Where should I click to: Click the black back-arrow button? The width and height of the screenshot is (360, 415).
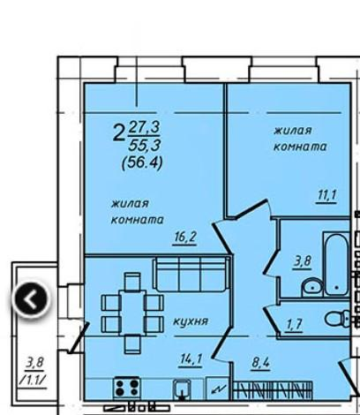pos(31,299)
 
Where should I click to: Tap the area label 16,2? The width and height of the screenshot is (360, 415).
pos(185,237)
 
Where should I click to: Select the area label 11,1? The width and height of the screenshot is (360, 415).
pos(326,195)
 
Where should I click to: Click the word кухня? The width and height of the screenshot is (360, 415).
pos(191,321)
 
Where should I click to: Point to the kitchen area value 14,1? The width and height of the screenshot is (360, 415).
pos(191,359)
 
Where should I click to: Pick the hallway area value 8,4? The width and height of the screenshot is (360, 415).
pos(260,363)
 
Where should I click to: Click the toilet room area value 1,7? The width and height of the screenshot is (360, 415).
pos(295,324)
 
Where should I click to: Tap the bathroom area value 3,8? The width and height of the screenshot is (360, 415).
pos(302,261)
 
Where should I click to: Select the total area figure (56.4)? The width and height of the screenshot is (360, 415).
pos(142,162)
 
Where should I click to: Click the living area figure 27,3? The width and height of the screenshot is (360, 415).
pos(145,128)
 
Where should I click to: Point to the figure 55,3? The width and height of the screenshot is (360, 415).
pos(145,146)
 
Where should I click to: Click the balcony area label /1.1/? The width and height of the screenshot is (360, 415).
pos(33,380)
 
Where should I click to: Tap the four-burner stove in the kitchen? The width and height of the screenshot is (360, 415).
pos(127,388)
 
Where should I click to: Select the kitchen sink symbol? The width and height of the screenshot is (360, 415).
pos(182,389)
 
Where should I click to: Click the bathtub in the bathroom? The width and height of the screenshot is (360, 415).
pos(336,264)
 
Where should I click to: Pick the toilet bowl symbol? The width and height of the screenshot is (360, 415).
pos(337,318)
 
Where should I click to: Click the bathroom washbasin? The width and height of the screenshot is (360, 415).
pos(312,286)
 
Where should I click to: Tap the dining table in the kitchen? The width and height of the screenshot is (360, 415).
pos(132,313)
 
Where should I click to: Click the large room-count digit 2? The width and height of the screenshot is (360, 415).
pos(118,133)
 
